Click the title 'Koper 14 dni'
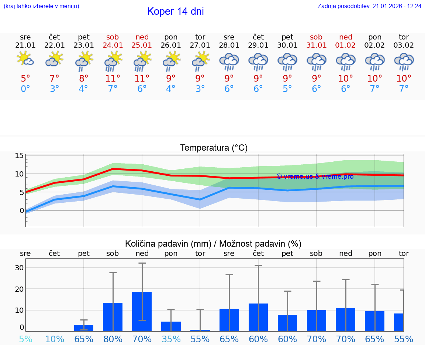175,11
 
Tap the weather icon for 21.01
25,59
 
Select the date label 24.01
113,45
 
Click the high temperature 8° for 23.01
84,78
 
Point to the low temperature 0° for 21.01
25,89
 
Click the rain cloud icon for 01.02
346,62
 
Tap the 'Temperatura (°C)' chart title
214,148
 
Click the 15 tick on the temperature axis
19,155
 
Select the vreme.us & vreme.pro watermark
315,176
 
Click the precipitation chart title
213,244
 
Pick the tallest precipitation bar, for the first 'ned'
142,311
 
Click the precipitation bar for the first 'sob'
113,316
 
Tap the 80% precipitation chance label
113,339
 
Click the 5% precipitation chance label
25,339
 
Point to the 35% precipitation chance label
171,339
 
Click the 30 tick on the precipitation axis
19,268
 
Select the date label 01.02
346,45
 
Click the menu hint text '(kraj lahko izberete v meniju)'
41,6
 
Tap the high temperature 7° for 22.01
55,78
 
